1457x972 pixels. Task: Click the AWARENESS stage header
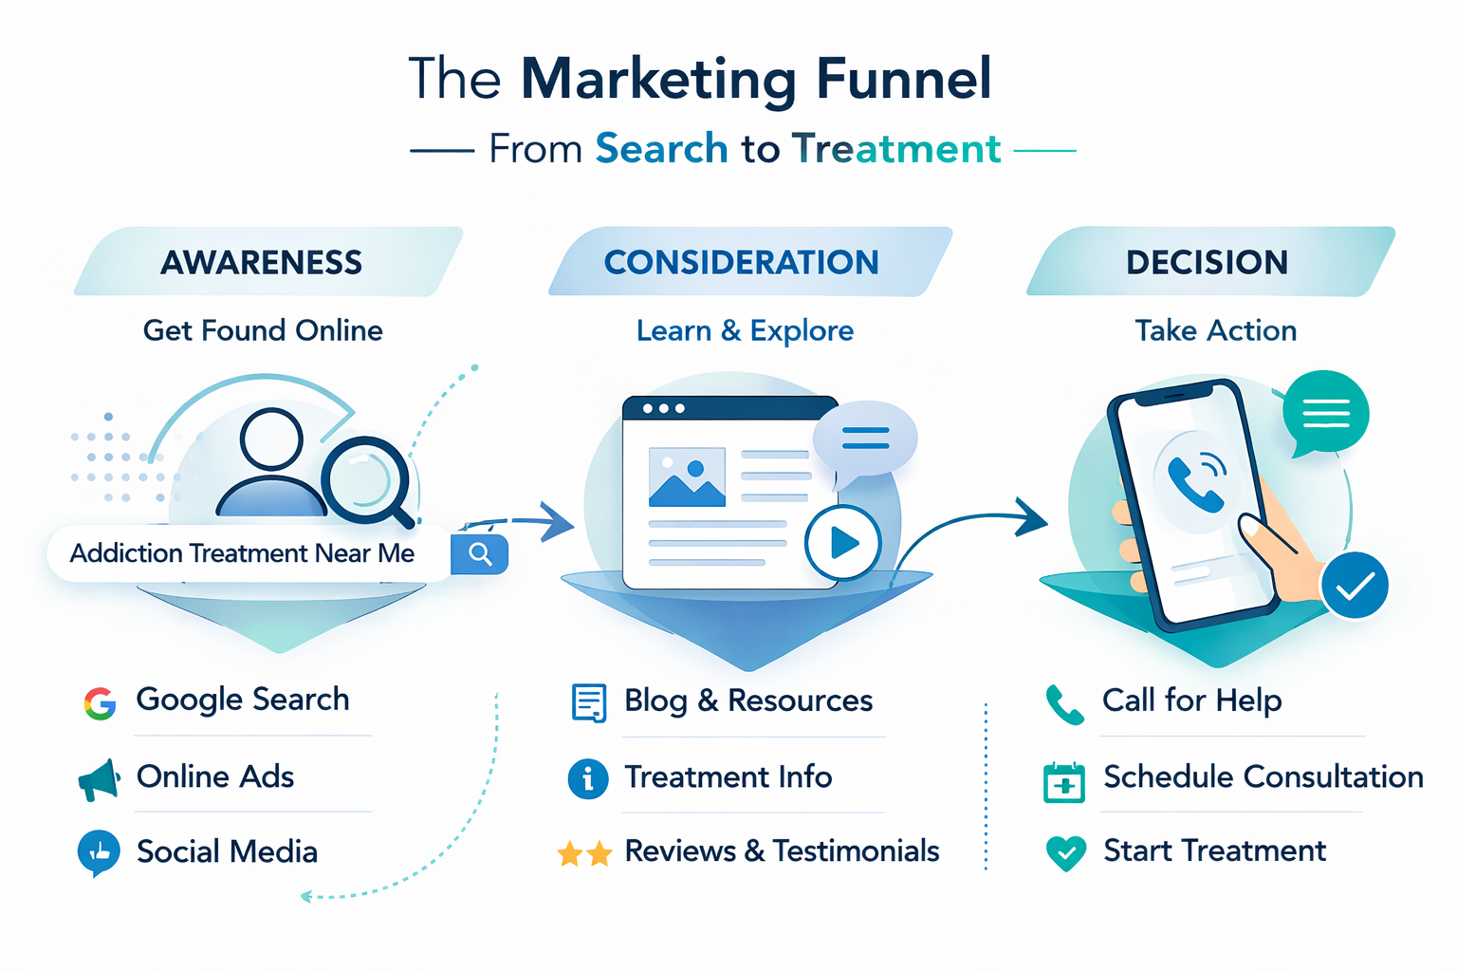point(262,262)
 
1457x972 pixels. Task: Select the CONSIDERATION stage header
point(742,262)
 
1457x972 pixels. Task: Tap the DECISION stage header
point(1207,262)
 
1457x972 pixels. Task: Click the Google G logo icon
point(100,703)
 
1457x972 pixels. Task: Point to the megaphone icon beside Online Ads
point(100,779)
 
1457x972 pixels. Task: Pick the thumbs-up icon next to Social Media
point(99,852)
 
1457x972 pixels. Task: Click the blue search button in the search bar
point(480,554)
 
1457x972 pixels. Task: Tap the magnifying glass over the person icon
point(366,479)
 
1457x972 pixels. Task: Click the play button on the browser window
point(842,543)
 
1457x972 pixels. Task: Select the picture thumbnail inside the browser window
point(687,477)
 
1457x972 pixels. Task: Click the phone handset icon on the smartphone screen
point(1194,480)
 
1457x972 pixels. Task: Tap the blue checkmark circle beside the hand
point(1355,586)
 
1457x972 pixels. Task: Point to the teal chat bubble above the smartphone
point(1325,413)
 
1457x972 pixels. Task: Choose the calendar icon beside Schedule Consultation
point(1064,782)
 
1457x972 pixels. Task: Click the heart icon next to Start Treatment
point(1066,852)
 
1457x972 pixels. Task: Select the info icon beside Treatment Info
point(588,779)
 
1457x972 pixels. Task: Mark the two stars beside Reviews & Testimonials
point(584,854)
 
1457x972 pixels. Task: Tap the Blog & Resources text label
point(748,701)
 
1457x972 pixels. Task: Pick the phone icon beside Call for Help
point(1064,704)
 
